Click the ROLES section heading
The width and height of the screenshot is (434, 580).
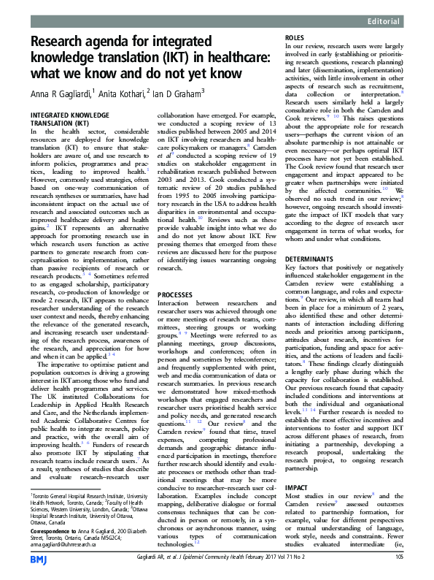tap(295, 37)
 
